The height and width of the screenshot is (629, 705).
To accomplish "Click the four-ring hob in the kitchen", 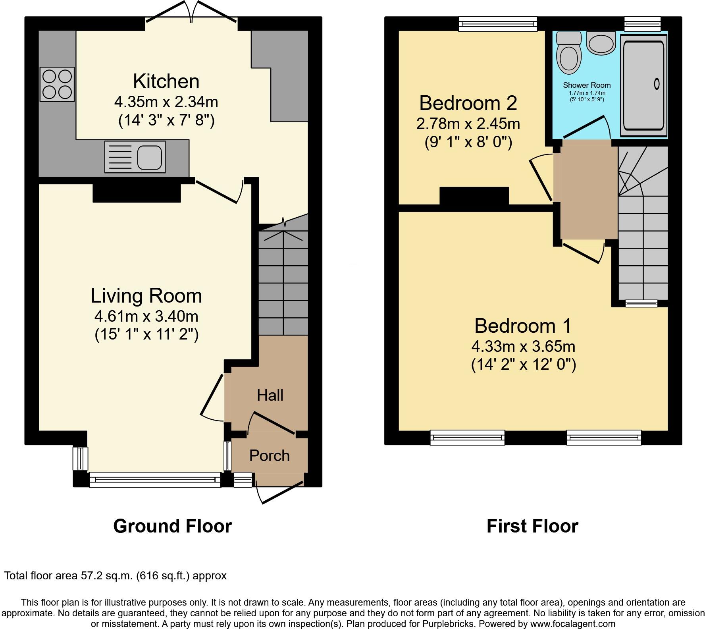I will [x=57, y=84].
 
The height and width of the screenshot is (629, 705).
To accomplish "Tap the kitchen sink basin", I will [x=150, y=157].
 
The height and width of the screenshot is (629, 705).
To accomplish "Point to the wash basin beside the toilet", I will [x=601, y=43].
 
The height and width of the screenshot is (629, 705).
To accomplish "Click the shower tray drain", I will [x=656, y=84].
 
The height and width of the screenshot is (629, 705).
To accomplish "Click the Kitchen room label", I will [x=166, y=81].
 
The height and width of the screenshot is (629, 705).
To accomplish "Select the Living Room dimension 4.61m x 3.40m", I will [x=146, y=316].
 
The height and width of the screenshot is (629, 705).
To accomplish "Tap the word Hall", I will [x=270, y=395].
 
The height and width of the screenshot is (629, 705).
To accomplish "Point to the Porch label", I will [x=269, y=455].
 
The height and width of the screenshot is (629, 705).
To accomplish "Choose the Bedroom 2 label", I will [x=468, y=103].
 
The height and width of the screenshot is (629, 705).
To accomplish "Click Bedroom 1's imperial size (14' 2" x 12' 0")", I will [x=523, y=365].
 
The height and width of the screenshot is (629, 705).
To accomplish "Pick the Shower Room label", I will [x=587, y=85].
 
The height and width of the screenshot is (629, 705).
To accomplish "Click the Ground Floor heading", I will [x=172, y=526].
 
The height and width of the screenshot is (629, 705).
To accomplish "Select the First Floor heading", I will [x=532, y=526].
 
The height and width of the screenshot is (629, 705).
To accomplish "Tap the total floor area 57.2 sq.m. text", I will [x=115, y=576].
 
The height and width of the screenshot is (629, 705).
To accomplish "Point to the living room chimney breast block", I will [x=137, y=193].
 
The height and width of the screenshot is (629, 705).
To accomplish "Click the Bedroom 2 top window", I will [x=498, y=24].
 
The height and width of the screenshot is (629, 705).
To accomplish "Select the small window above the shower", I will [x=642, y=24].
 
